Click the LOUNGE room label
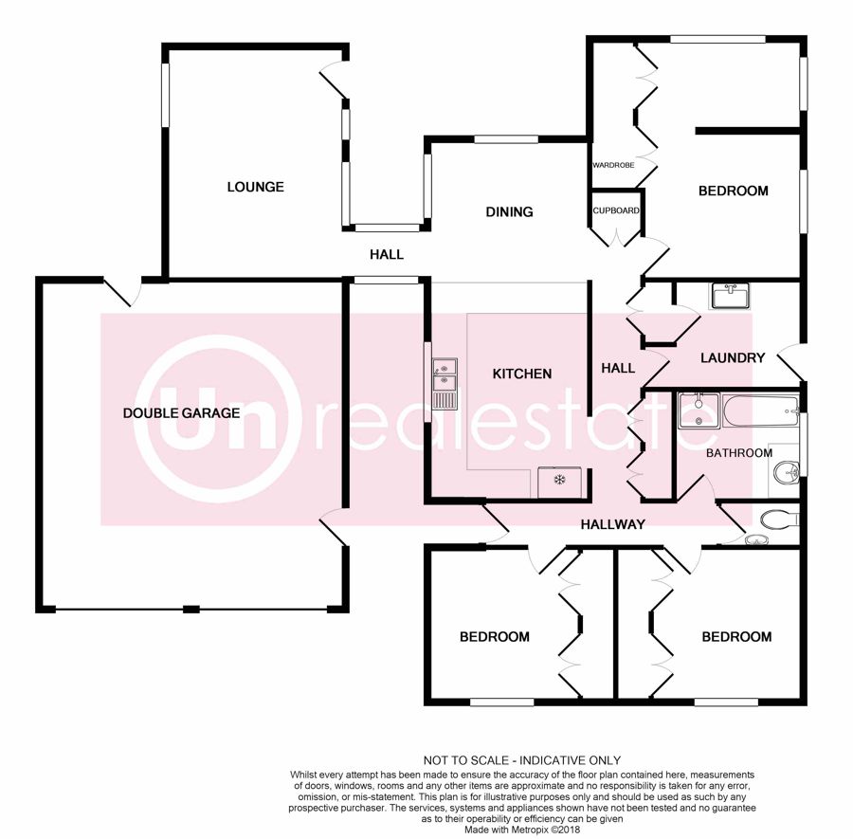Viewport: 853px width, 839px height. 255,187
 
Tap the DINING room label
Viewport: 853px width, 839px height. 509,211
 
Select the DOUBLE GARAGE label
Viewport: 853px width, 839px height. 181,413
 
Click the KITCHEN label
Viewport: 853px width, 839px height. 521,374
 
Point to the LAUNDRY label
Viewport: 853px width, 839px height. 733,357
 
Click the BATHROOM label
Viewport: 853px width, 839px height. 738,453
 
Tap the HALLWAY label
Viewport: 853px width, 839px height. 612,524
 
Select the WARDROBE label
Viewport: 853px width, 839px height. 613,165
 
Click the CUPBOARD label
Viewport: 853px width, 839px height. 616,210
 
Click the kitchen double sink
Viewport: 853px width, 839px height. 445,384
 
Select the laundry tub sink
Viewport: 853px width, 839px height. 729,296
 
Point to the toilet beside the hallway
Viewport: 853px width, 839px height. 779,520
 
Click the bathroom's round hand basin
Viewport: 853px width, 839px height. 785,470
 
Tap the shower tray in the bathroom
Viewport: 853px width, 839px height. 699,410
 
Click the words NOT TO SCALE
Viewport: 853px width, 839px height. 466,760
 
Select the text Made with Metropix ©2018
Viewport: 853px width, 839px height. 522,830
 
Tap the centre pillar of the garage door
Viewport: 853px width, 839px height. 191,609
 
